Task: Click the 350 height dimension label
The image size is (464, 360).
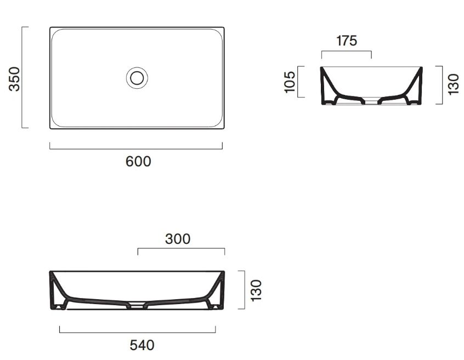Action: click(14, 79)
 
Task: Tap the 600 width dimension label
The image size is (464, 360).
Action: click(138, 162)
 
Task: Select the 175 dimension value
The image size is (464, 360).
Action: click(347, 41)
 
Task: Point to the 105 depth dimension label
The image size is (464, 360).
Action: click(290, 82)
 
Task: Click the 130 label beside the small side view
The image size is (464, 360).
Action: click(453, 84)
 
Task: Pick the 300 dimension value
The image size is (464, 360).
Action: click(178, 239)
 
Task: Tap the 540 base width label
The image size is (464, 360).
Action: click(142, 345)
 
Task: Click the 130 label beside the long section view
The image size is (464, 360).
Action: click(256, 290)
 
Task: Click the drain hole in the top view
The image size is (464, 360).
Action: click(137, 78)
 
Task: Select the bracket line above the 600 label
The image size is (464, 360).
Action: click(136, 148)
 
